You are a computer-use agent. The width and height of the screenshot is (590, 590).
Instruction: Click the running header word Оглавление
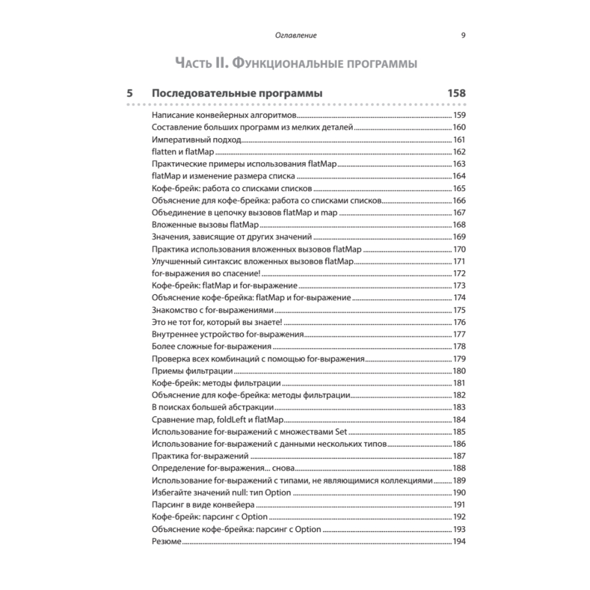pos(296,35)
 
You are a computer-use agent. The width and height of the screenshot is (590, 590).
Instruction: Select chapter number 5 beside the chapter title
pos(129,93)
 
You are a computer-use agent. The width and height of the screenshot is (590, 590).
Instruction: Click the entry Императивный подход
pos(196,140)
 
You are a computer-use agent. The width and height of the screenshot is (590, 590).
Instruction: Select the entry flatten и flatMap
pos(182,152)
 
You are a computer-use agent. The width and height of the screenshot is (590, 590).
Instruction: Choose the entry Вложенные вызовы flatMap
pos(205,225)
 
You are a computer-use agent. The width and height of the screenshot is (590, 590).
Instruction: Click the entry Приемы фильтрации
pos(192,371)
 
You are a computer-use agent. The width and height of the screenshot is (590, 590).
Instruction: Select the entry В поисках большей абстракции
pos(212,407)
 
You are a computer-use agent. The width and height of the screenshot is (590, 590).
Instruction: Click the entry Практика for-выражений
pos(199,456)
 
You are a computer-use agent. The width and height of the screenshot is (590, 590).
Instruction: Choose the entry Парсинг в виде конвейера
pos(203,504)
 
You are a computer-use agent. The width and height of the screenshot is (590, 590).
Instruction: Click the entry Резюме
pos(166,541)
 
